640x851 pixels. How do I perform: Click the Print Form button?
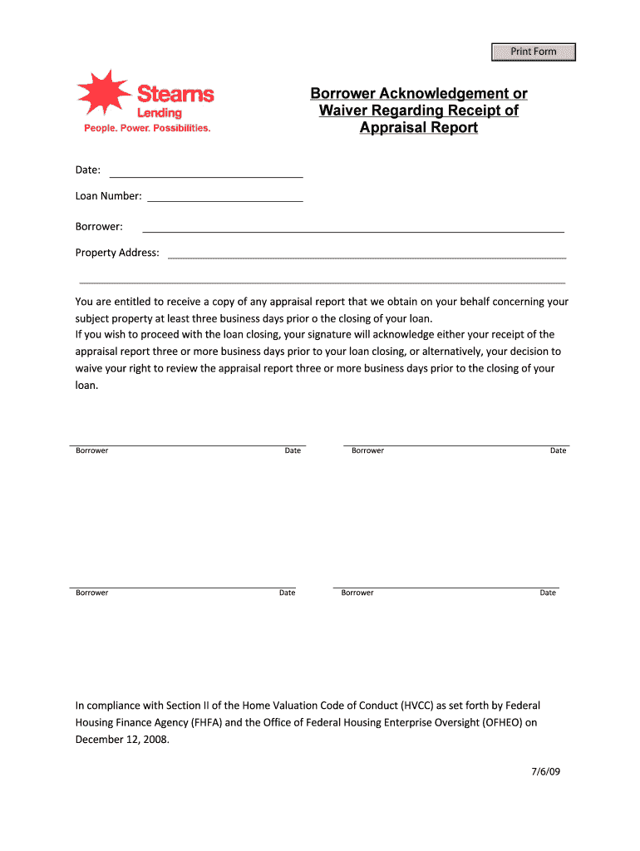point(533,52)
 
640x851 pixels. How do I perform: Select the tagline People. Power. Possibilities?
point(147,129)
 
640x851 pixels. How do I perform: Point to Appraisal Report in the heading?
point(418,127)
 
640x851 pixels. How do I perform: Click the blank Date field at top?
point(206,171)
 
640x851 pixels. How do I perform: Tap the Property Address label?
point(117,253)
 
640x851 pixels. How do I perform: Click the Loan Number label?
point(108,197)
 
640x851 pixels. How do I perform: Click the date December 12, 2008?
point(122,739)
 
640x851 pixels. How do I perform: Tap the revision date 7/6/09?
point(546,771)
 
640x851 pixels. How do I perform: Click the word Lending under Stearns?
point(159,113)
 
